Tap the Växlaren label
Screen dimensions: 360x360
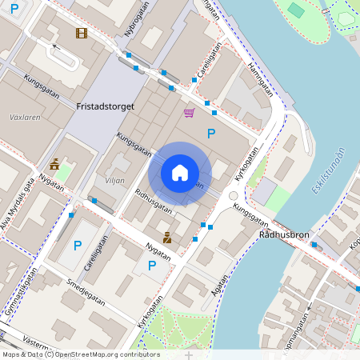(25, 117)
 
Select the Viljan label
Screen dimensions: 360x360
(114, 181)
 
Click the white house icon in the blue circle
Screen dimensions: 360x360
(180, 172)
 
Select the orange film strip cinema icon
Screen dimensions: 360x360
(81, 33)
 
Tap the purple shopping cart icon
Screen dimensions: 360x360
(190, 113)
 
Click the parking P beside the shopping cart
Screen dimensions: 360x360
(211, 133)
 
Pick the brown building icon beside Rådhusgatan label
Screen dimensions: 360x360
(167, 238)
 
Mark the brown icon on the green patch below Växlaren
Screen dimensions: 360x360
(54, 165)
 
